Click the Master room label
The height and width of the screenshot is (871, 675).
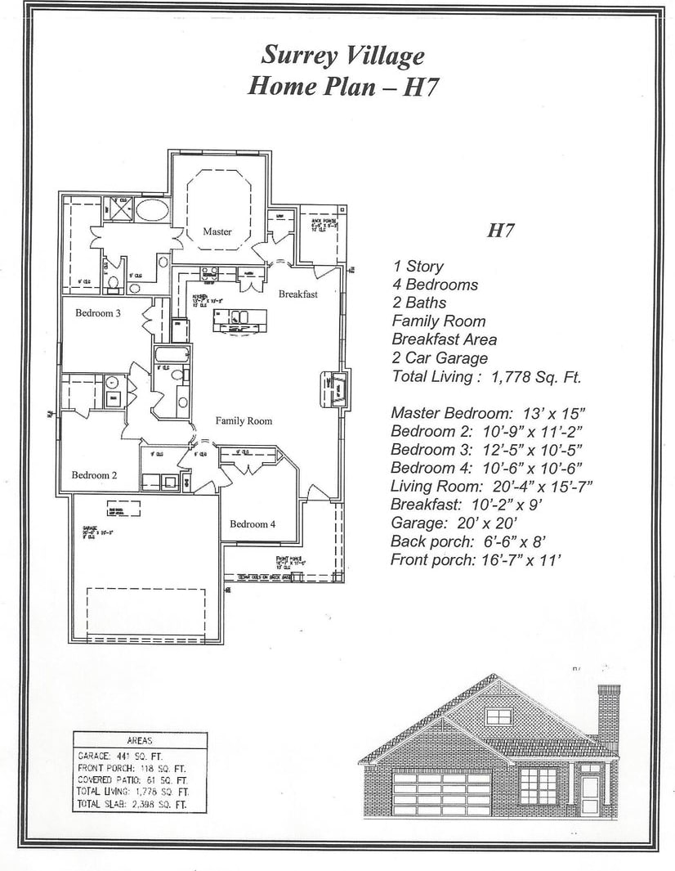tap(217, 231)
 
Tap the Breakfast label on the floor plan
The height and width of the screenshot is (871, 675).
tap(297, 294)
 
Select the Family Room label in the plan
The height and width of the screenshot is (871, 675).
tap(244, 420)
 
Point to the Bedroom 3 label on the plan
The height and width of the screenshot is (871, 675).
tap(98, 312)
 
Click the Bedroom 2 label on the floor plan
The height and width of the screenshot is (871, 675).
tap(94, 475)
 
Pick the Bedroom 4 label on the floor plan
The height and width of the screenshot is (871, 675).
tap(252, 523)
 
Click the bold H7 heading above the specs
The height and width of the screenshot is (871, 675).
tap(500, 231)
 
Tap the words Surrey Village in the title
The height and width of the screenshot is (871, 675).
tap(342, 56)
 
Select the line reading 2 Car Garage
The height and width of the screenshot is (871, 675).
tap(440, 358)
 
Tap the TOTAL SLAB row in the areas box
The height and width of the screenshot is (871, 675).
tap(132, 805)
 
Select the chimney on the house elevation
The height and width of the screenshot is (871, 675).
tap(608, 712)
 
